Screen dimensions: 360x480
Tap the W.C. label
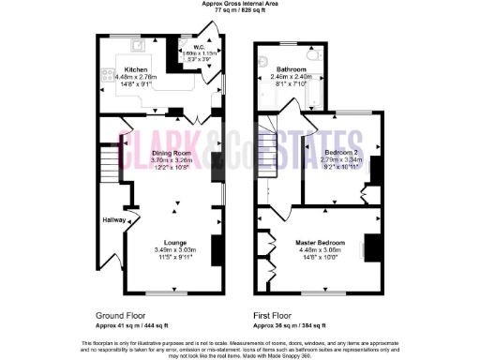[200, 47]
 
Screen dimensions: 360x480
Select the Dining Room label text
[172, 152]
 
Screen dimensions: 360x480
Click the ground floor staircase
[111, 164]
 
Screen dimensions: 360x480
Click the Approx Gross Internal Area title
[240, 4]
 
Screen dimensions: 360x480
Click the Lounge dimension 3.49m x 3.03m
[175, 250]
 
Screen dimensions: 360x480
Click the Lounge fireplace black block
[217, 249]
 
